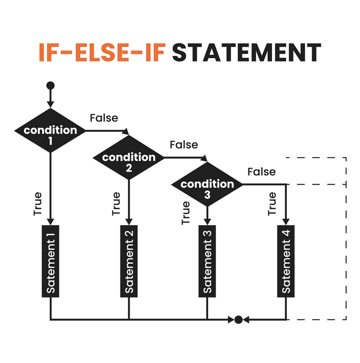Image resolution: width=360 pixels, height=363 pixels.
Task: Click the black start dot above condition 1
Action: [x=50, y=86]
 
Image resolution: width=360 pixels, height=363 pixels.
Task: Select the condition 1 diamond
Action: [x=50, y=131]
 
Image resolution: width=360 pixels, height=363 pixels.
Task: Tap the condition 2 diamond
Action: [x=129, y=158]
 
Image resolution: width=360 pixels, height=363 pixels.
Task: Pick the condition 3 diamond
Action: [x=207, y=185]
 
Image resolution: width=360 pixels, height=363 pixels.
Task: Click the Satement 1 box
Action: [x=50, y=261]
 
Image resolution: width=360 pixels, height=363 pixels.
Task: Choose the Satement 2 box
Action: [x=129, y=261]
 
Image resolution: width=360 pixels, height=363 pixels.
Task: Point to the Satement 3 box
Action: [x=207, y=261]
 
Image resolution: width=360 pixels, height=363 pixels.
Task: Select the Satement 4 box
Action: [x=286, y=261]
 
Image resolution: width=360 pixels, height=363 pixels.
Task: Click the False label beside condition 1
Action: [x=104, y=118]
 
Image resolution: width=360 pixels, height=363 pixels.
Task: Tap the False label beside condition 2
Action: [x=184, y=145]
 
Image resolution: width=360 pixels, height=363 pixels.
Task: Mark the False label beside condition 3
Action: [x=262, y=172]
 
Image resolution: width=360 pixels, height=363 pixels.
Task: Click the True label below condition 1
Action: [x=38, y=204]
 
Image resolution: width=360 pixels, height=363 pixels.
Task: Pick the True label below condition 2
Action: [x=116, y=204]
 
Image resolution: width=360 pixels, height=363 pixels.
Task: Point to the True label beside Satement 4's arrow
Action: [x=272, y=204]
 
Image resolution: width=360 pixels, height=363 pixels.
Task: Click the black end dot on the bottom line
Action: [x=239, y=320]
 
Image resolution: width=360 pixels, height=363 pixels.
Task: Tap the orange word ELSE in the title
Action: [x=102, y=53]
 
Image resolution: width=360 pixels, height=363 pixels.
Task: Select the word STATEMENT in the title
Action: [x=246, y=53]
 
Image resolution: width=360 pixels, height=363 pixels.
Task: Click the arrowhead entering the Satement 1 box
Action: [x=50, y=221]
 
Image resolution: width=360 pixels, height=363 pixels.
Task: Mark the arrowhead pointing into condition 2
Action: [x=126, y=131]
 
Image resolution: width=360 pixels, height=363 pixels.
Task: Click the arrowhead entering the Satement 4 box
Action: [x=286, y=221]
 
